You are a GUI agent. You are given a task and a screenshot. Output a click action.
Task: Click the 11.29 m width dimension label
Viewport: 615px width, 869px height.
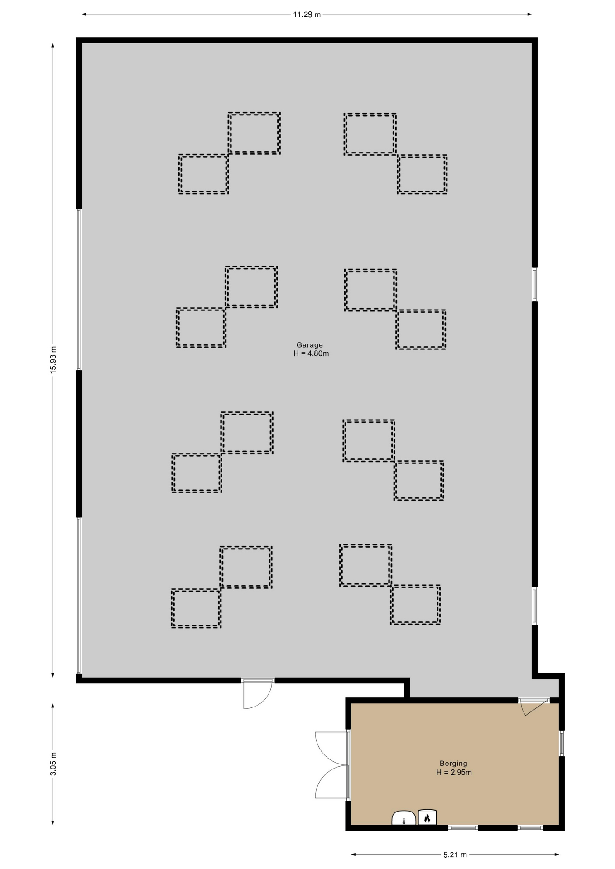pos(307,14)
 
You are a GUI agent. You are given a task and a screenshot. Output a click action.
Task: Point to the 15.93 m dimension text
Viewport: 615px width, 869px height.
pos(53,359)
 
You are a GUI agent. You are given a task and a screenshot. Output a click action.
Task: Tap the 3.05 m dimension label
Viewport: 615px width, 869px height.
pos(53,764)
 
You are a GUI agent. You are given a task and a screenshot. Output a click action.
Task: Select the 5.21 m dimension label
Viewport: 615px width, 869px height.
pos(455,855)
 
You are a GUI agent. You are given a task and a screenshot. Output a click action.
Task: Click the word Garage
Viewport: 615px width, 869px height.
pos(310,345)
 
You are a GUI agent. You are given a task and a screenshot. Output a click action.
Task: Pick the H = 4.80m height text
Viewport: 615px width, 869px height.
pos(311,353)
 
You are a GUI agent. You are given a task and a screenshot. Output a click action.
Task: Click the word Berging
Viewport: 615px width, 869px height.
pos(453,764)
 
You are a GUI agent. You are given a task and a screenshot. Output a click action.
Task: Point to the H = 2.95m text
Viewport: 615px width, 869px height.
pos(454,773)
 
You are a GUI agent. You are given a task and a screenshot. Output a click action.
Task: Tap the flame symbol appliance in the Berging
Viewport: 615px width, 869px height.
pos(427,817)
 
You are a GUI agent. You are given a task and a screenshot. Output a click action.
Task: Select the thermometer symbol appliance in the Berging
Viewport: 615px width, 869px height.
pos(404,818)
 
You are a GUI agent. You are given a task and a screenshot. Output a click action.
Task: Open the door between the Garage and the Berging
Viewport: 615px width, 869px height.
pos(534,707)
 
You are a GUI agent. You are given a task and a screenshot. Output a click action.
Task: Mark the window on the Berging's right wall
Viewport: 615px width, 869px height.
pos(562,743)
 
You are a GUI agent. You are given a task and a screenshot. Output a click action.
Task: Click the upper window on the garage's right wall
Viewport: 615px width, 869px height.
pos(534,284)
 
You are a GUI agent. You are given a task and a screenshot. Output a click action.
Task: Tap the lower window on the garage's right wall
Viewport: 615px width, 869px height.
pos(534,606)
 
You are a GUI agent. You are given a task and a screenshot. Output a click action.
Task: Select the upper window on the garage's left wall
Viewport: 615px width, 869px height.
pos(79,289)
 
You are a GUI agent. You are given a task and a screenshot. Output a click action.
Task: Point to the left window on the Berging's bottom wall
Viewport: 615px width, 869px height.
pos(463,828)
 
